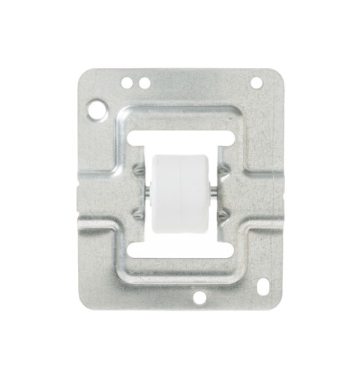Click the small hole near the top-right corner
tap(256, 82)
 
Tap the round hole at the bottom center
tap(199, 297)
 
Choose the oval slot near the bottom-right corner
tap(262, 286)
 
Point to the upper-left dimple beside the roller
tap(138, 171)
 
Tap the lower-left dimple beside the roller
tap(138, 214)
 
